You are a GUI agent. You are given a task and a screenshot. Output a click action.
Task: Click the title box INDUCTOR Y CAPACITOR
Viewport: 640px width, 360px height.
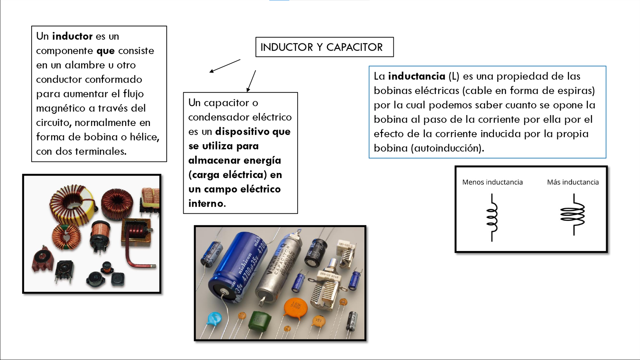[324, 47]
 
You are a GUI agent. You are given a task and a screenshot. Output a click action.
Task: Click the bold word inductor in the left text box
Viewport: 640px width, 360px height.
[72, 36]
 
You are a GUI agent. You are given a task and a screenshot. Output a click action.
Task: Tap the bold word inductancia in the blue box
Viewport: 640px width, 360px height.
[416, 76]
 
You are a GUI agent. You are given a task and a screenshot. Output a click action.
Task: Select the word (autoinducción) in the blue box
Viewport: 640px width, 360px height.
[448, 148]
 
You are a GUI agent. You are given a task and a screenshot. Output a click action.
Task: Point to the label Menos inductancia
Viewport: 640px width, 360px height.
[492, 182]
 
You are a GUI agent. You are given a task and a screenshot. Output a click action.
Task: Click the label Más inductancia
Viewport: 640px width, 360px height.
[572, 182]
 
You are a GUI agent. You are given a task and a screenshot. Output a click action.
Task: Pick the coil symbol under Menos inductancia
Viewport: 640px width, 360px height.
[492, 217]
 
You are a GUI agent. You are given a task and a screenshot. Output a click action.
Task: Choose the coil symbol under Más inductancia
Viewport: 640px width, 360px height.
[573, 215]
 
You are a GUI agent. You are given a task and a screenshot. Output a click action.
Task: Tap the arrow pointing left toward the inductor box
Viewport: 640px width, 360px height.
[225, 66]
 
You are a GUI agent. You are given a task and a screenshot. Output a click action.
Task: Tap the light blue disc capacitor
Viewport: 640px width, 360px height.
[214, 319]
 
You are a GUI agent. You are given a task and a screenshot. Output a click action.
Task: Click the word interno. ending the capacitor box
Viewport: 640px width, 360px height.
[207, 203]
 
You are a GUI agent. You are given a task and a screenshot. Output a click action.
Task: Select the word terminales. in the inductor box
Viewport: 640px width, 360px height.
[100, 151]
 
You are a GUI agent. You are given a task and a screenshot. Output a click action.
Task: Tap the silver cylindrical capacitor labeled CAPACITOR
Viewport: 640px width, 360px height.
[279, 267]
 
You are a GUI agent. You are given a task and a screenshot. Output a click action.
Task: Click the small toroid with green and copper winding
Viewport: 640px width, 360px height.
[66, 237]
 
